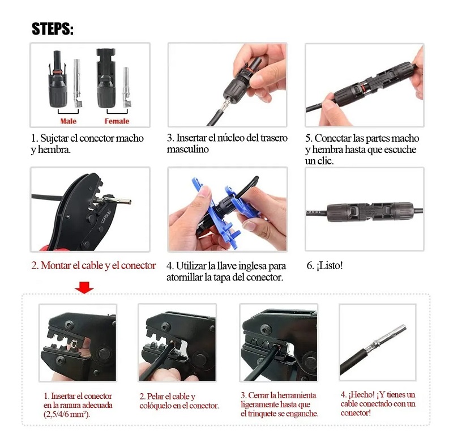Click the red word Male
69,121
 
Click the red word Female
117,121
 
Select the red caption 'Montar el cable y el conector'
93,265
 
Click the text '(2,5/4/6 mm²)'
67,414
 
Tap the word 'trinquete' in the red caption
265,414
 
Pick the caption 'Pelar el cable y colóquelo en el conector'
178,401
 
